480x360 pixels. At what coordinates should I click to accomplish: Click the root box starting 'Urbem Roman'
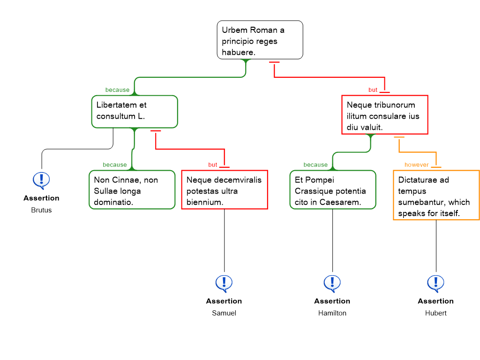(x=260, y=40)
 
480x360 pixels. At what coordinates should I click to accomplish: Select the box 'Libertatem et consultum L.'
(x=135, y=112)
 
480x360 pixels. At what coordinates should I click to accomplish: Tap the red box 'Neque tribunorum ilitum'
(x=385, y=115)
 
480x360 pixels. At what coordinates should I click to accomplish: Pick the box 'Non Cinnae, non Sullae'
(x=132, y=190)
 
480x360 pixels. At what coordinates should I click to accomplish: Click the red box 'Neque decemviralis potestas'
(x=225, y=190)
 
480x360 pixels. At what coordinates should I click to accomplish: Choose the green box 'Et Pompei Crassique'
(x=333, y=190)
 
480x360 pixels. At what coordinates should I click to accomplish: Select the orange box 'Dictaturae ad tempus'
(x=436, y=195)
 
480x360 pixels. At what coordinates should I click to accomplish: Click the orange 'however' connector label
(x=417, y=165)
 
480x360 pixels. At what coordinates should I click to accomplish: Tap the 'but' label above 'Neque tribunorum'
(x=373, y=90)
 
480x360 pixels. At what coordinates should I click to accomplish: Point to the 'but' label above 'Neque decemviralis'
(x=213, y=165)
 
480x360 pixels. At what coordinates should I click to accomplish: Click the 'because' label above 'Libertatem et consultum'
(x=117, y=90)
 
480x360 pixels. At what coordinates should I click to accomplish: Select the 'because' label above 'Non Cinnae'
(x=115, y=165)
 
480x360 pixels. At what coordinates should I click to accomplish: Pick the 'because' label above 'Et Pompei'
(x=315, y=165)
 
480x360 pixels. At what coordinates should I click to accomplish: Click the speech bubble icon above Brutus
(x=41, y=180)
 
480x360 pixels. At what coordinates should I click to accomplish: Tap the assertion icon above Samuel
(x=224, y=284)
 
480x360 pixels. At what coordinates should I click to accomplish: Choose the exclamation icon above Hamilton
(x=332, y=284)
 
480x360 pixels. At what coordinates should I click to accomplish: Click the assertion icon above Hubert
(x=435, y=284)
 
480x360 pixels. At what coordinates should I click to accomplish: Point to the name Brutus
(x=41, y=210)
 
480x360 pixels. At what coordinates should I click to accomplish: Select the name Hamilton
(x=332, y=313)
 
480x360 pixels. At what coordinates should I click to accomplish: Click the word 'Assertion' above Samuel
(x=224, y=301)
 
